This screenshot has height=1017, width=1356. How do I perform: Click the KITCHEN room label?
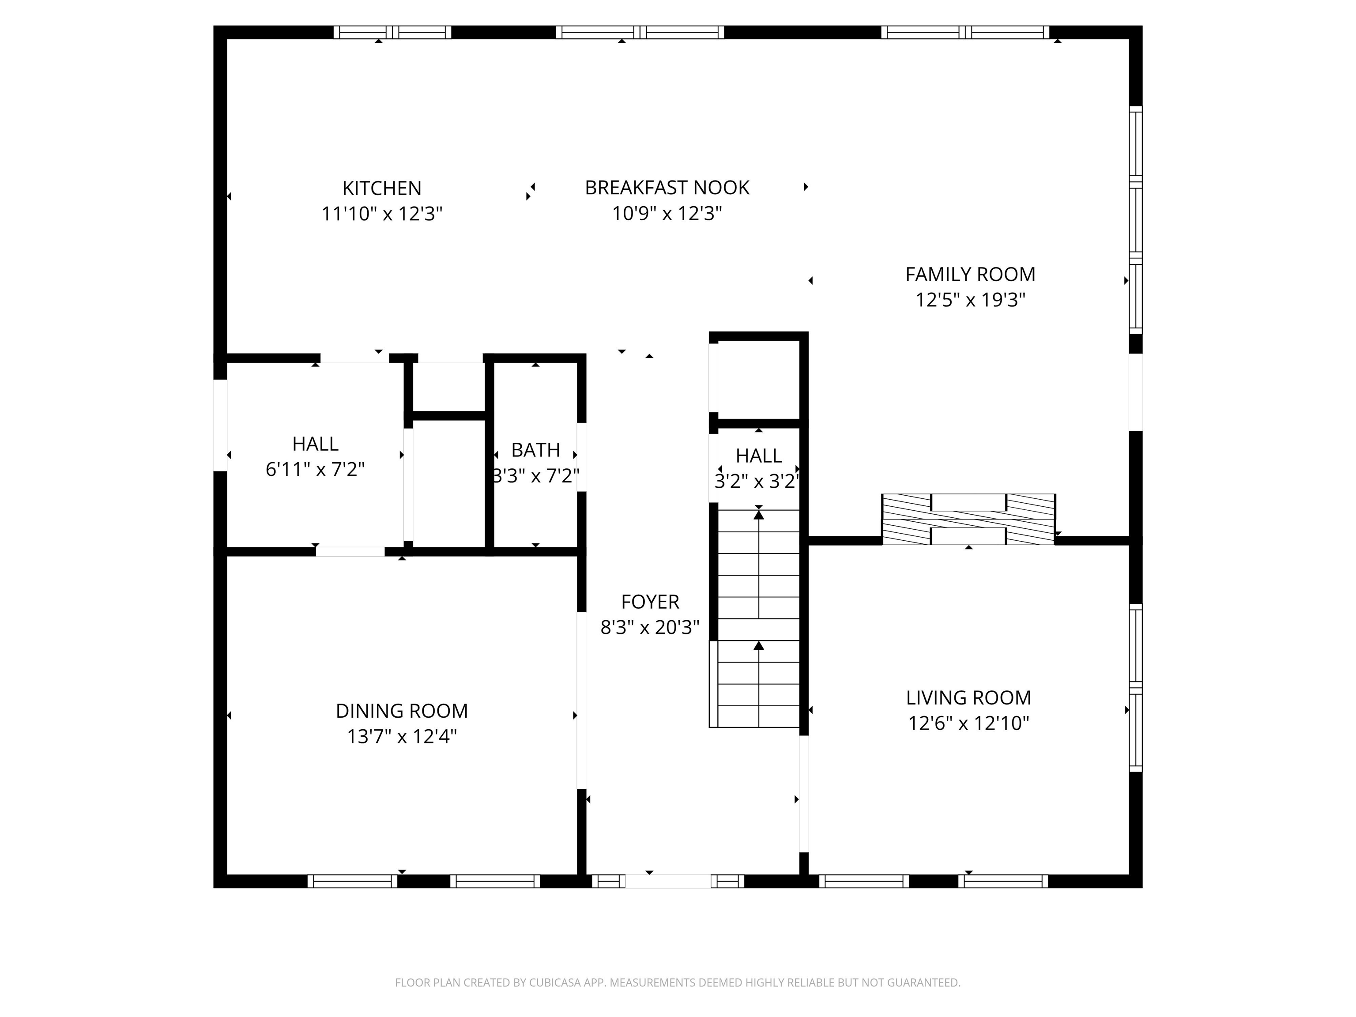[x=381, y=188]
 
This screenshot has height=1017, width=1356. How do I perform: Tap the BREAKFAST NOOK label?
[x=667, y=188]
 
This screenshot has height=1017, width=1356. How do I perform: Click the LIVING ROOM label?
[x=968, y=697]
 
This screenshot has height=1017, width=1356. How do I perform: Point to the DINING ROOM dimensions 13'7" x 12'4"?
[x=402, y=736]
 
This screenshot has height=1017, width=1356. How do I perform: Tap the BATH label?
[x=535, y=450]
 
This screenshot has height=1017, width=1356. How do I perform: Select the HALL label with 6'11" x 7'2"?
[x=315, y=444]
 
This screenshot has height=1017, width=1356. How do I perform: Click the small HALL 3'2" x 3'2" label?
[x=758, y=456]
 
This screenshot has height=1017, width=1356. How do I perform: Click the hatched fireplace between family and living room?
[x=968, y=519]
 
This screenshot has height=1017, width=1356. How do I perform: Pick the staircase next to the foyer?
[x=758, y=619]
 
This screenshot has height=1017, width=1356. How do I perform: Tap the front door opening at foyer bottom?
[x=667, y=881]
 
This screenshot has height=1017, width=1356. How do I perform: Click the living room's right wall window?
[x=1135, y=688]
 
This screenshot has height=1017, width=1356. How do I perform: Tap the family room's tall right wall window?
[x=1135, y=221]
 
